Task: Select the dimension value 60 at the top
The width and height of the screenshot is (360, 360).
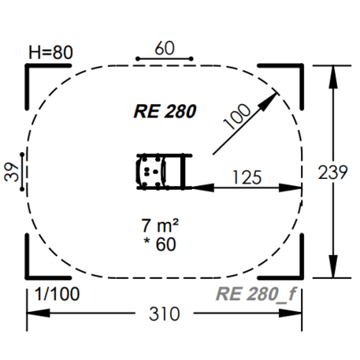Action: pos(164,46)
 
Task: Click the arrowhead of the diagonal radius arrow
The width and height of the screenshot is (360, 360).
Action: pos(276,96)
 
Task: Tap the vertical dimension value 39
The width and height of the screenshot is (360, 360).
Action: pos(11,173)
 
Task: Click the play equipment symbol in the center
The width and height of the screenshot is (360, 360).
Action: pos(161,172)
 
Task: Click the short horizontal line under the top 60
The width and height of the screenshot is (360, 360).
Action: pos(164,59)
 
